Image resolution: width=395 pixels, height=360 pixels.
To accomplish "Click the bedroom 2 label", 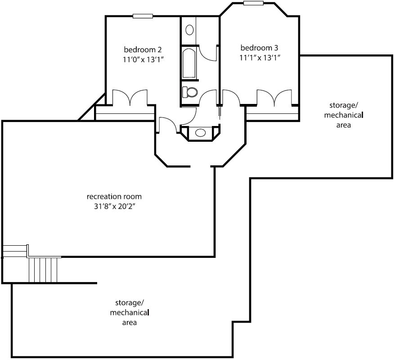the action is click(x=143, y=49).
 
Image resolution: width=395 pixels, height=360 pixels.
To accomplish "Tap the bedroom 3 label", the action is click(x=259, y=48).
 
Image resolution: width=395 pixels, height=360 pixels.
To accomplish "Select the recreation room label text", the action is click(x=114, y=197).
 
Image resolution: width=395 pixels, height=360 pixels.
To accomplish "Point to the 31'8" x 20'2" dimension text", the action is click(x=115, y=207).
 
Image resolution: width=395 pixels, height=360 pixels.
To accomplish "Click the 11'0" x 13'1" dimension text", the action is click(x=144, y=60).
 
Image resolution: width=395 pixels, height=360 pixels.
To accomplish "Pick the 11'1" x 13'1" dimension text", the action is click(x=260, y=58).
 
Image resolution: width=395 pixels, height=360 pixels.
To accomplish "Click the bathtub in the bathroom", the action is click(x=189, y=63).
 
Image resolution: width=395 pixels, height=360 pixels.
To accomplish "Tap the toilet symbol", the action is click(x=190, y=92).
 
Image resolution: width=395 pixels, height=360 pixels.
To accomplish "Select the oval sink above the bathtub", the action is click(x=189, y=30).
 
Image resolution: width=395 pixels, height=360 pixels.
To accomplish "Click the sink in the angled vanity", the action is click(x=201, y=132).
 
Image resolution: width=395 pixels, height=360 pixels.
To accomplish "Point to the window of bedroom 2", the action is click(x=143, y=16).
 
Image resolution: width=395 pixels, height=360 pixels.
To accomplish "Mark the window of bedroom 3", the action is click(x=253, y=3).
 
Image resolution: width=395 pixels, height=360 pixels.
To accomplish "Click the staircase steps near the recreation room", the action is click(x=43, y=270).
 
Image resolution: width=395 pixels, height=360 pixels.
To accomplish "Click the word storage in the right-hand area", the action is click(x=344, y=105).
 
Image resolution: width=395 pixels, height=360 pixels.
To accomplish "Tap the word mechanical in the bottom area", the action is click(x=130, y=313).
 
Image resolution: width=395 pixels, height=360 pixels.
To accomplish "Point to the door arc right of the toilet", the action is click(x=208, y=97).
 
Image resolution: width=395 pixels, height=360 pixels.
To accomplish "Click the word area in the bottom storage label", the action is click(x=130, y=323).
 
